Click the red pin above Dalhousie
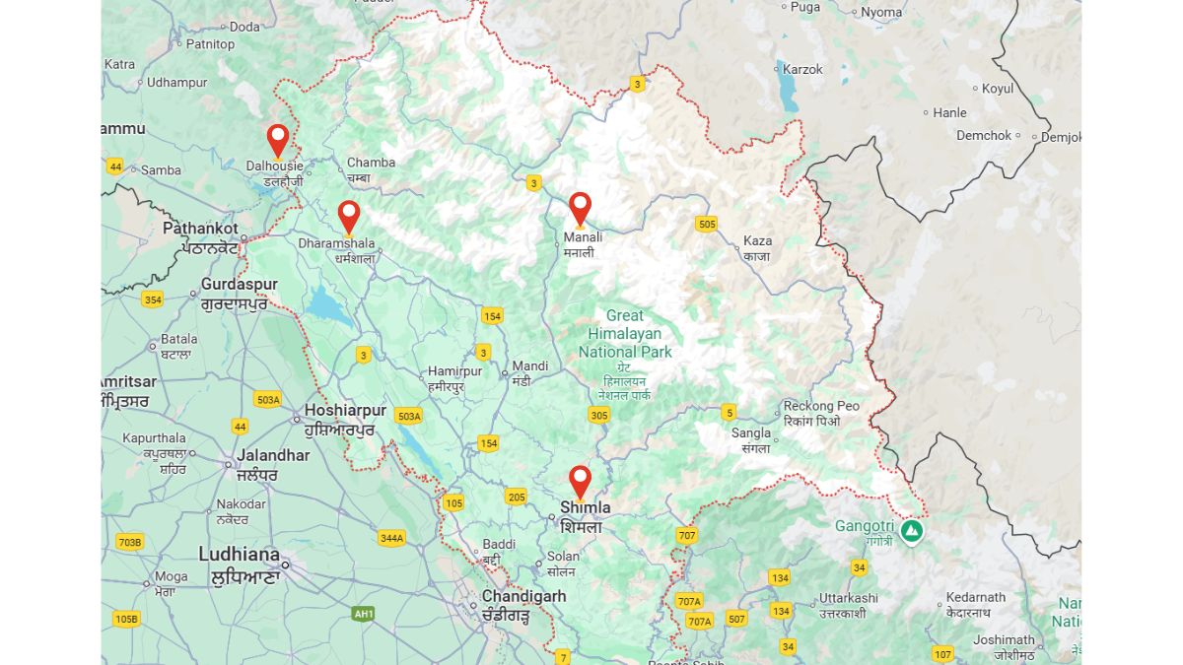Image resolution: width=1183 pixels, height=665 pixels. coord(278,139)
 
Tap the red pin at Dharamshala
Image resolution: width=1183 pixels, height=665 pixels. coord(349,215)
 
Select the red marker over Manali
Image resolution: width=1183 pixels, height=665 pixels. coord(580,207)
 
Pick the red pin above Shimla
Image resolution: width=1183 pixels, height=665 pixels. coord(580,480)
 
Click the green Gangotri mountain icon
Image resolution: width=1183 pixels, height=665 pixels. coord(912,532)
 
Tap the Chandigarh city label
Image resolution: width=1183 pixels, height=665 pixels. coord(523,596)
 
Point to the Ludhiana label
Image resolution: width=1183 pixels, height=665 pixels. coord(239,554)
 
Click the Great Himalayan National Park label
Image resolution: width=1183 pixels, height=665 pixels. coord(625,334)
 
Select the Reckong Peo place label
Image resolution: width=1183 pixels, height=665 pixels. coord(821,406)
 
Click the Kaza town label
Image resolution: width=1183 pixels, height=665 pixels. coord(757,240)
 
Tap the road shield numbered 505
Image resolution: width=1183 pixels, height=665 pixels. coord(706,224)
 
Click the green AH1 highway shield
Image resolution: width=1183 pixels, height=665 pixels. coord(363,614)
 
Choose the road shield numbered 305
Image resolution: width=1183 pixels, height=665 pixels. coord(598,415)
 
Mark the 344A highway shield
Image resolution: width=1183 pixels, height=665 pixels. coord(391,538)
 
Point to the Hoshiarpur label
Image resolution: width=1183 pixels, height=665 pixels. coord(345,410)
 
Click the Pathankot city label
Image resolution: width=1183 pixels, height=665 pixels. coord(200,228)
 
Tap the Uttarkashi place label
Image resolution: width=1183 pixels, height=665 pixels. coord(848,598)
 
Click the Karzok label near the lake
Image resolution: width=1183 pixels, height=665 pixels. coord(801,69)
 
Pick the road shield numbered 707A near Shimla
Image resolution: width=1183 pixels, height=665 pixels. coord(689,601)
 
